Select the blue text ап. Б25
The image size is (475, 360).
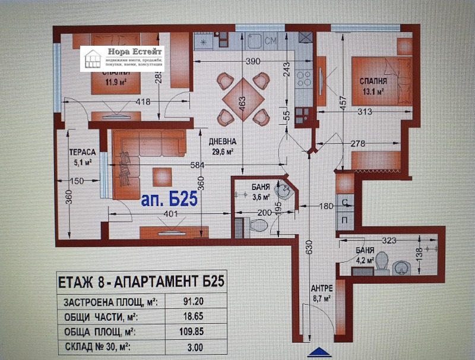click(169, 200)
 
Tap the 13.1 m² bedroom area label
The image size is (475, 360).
click(372, 91)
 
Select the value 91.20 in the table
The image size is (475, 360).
click(193, 302)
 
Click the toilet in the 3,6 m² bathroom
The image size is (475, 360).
click(258, 226)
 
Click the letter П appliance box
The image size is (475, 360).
click(344, 219)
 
